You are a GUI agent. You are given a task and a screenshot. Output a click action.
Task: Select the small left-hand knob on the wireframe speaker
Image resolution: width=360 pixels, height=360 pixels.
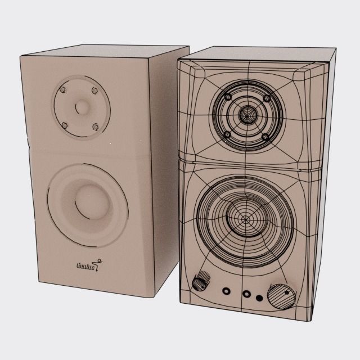[201, 281]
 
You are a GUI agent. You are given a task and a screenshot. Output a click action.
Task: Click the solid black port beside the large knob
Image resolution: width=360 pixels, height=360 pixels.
[259, 298]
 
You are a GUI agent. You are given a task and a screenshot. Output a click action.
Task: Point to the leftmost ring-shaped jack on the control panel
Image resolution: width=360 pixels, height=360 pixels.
[227, 291]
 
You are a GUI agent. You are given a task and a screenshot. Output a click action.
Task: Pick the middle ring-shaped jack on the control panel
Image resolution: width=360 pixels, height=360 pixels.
[246, 294]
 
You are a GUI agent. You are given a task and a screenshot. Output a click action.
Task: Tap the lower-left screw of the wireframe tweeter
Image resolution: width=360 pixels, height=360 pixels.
[227, 134]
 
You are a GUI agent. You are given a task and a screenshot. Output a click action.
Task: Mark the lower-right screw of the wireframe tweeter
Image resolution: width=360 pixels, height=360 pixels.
[264, 136]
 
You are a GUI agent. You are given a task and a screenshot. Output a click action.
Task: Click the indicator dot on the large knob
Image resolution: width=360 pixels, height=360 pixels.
[287, 292]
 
